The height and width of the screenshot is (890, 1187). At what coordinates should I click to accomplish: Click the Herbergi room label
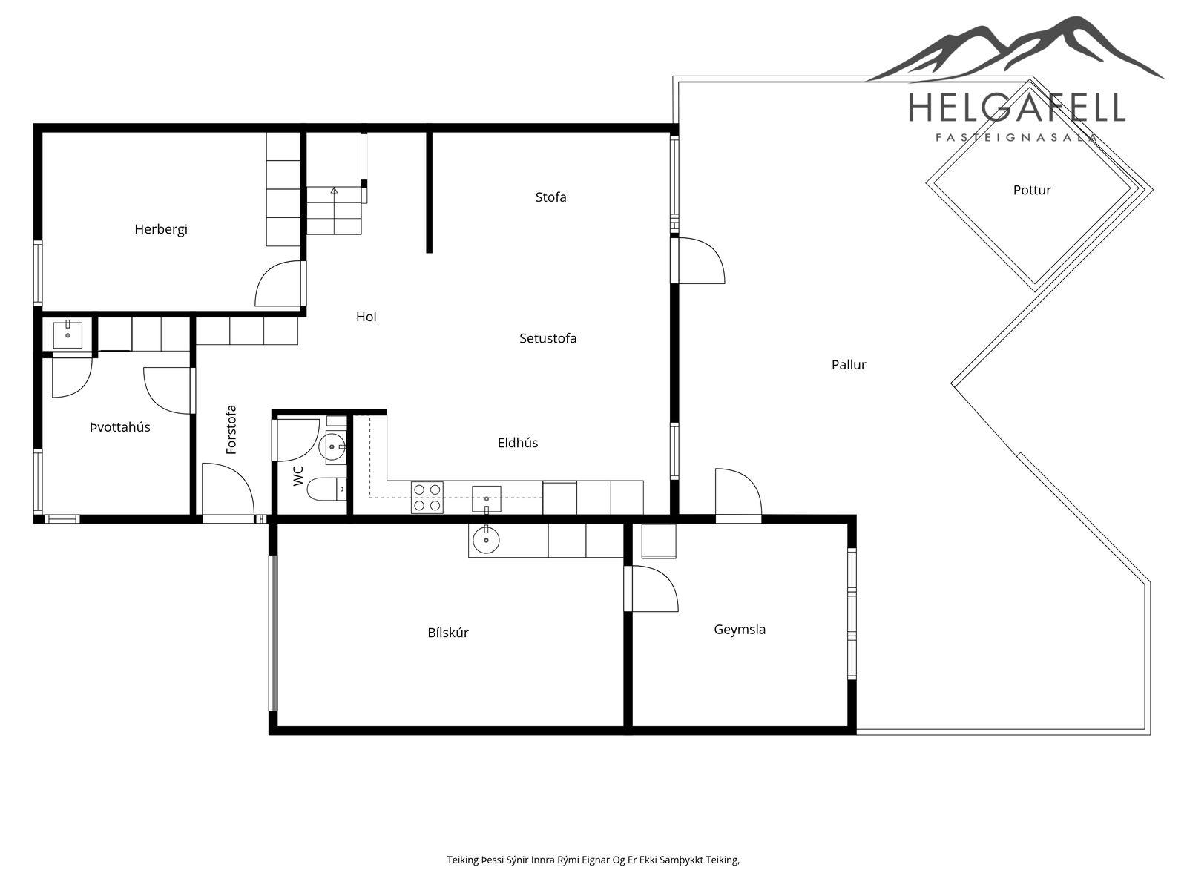pyautogui.click(x=160, y=230)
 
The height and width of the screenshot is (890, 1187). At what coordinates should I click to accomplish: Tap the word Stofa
pyautogui.click(x=550, y=197)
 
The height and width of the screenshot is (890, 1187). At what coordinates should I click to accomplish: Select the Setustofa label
pyautogui.click(x=548, y=338)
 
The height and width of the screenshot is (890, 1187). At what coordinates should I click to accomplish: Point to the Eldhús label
pyautogui.click(x=518, y=443)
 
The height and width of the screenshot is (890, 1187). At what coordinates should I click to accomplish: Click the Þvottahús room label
pyautogui.click(x=119, y=427)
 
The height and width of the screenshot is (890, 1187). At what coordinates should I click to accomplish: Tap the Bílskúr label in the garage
pyautogui.click(x=448, y=632)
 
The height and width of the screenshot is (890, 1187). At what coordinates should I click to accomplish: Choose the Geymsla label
pyautogui.click(x=739, y=630)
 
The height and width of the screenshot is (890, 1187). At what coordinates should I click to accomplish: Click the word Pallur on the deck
pyautogui.click(x=849, y=365)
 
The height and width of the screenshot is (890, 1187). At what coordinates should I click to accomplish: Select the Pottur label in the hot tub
pyautogui.click(x=1032, y=190)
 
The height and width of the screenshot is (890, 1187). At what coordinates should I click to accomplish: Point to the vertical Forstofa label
pyautogui.click(x=231, y=429)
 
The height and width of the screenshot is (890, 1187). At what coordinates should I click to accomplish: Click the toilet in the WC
pyautogui.click(x=327, y=489)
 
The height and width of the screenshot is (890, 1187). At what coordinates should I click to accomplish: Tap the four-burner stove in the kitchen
pyautogui.click(x=427, y=497)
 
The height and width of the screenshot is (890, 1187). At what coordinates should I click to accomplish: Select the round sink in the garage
pyautogui.click(x=486, y=539)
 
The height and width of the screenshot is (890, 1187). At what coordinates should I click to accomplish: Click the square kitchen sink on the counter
pyautogui.click(x=486, y=498)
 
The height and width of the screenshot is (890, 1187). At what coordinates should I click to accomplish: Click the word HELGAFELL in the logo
pyautogui.click(x=1016, y=107)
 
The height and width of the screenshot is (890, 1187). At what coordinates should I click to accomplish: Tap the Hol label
pyautogui.click(x=366, y=317)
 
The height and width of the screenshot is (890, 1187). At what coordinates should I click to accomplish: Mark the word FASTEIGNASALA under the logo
pyautogui.click(x=1016, y=138)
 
